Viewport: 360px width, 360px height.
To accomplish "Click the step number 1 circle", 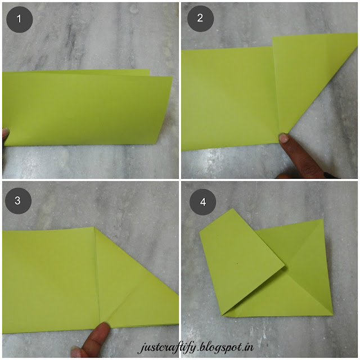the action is point(20,19).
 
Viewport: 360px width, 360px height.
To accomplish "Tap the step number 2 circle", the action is point(200,19).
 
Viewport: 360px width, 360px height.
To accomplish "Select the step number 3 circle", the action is point(18,201).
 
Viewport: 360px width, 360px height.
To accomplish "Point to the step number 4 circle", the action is point(202,202).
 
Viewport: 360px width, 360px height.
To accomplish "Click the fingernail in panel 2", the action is point(283,138).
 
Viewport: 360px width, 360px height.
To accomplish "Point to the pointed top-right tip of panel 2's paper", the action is point(357,34).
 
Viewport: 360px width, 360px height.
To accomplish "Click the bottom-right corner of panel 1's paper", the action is point(156,144).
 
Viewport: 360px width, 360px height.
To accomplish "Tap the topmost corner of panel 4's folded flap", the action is point(232,209).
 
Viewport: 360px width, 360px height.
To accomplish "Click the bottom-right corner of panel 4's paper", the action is point(332,316).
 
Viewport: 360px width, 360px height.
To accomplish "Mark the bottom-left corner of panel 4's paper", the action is point(222,316).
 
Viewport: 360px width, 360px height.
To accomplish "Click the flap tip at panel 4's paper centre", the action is point(285,265).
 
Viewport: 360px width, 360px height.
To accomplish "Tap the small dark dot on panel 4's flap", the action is point(237,263).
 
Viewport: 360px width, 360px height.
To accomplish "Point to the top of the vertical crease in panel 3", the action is point(94,227).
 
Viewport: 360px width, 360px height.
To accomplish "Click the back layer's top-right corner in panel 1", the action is point(149,70).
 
